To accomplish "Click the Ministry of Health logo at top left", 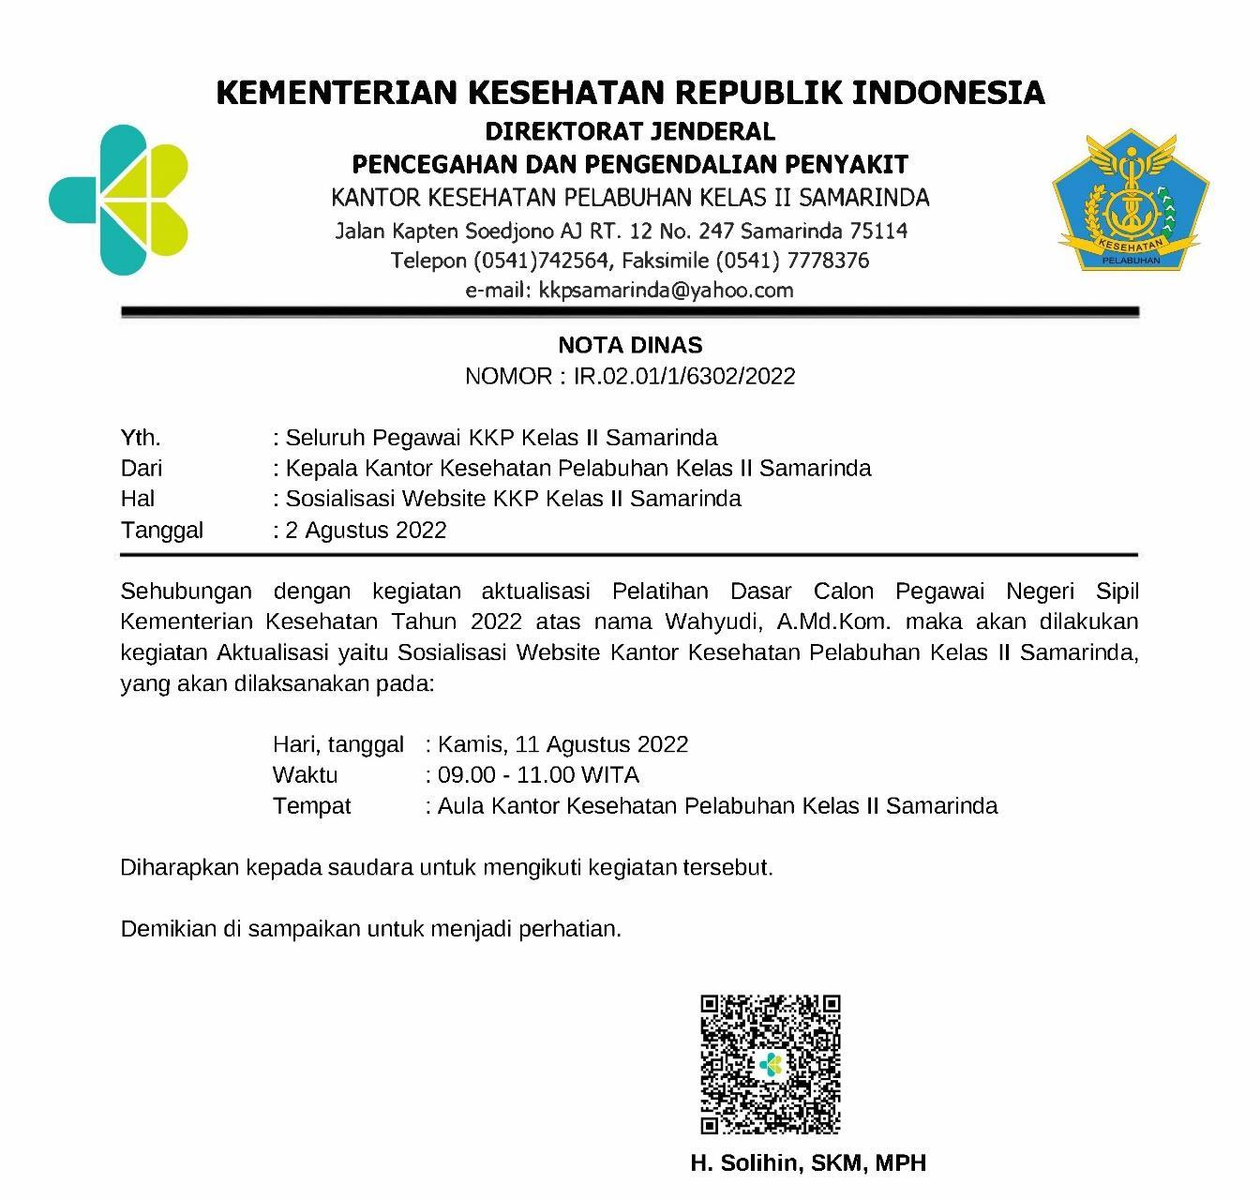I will (119, 200).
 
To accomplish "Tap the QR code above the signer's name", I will (771, 1065).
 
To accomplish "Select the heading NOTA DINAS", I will (630, 345).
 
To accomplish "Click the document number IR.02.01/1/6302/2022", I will (684, 377).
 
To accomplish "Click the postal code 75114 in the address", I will (878, 231).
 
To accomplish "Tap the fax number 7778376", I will (832, 261).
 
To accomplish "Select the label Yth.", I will (141, 438).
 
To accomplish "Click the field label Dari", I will (142, 468).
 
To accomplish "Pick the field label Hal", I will (138, 499).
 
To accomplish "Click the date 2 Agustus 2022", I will (366, 531).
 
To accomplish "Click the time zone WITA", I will (609, 775).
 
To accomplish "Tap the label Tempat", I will (311, 806).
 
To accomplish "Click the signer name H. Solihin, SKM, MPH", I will (808, 1163).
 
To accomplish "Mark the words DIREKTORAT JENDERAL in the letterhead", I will (630, 131).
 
